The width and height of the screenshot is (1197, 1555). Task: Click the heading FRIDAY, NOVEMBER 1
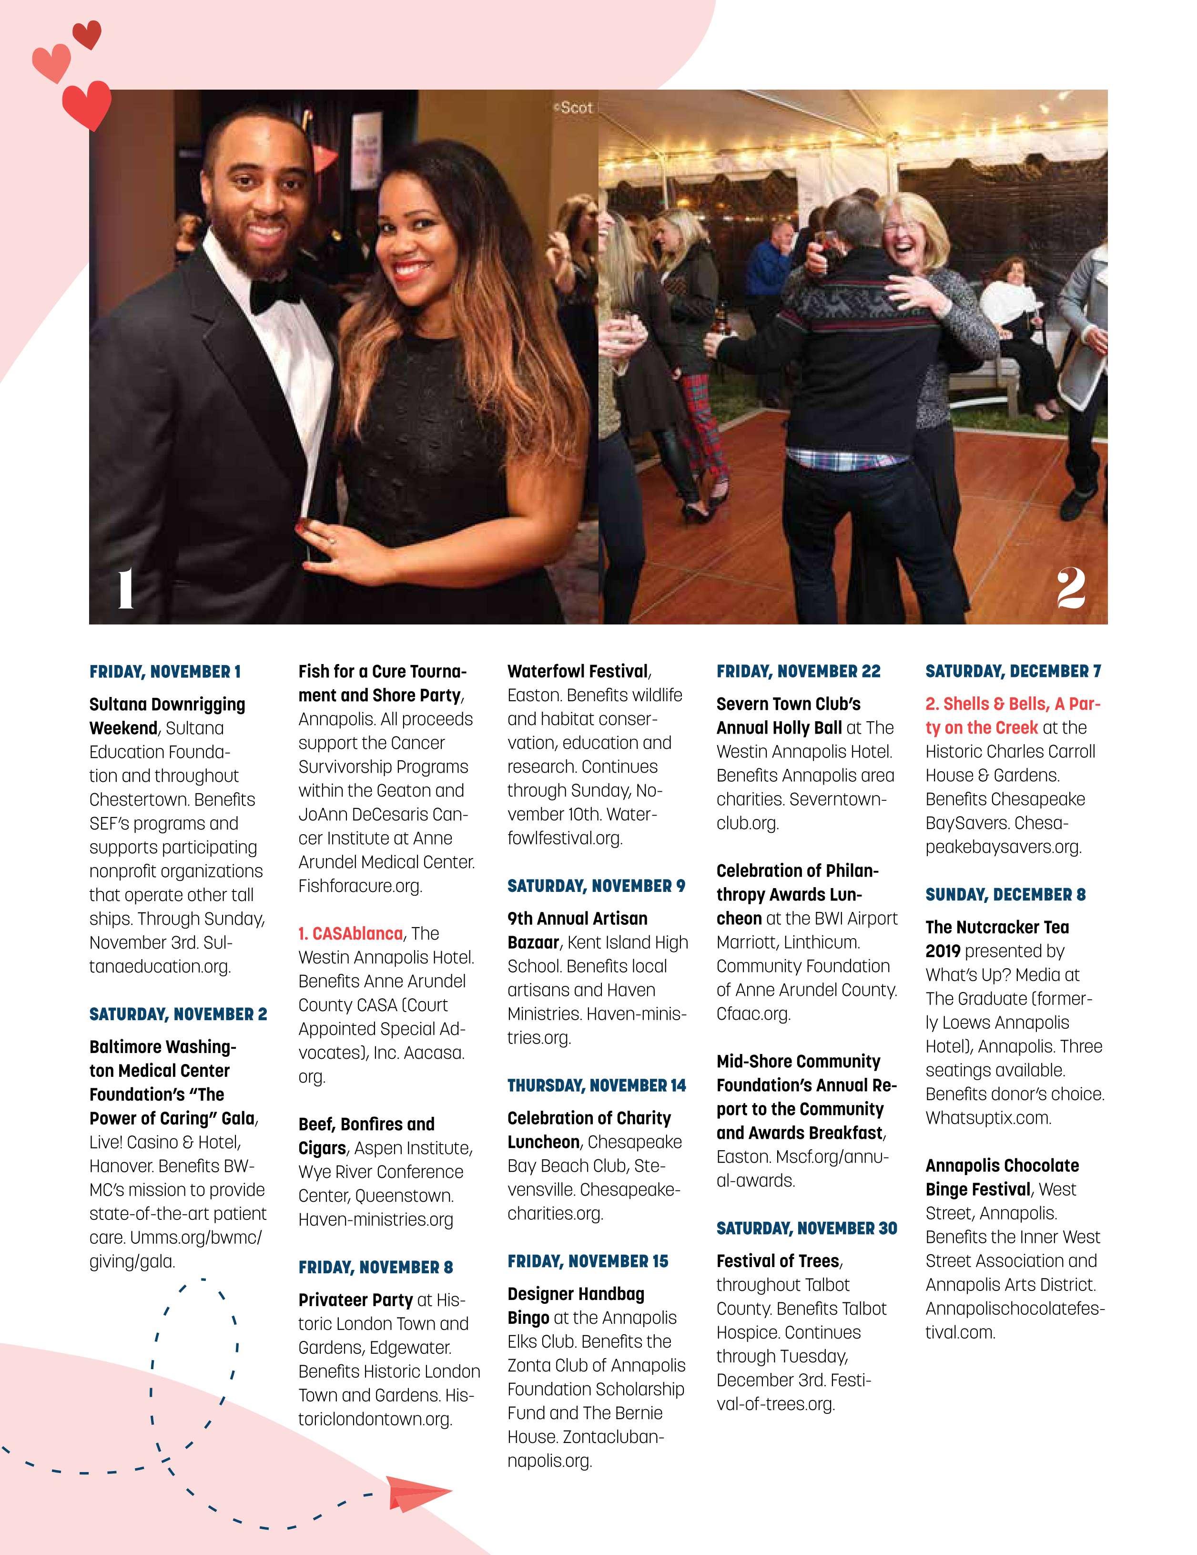pos(165,671)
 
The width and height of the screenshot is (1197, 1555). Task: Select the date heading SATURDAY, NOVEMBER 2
pos(178,1014)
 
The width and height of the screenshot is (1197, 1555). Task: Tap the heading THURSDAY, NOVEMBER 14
pos(597,1085)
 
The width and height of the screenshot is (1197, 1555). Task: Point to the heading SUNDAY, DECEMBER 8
pos(1005,894)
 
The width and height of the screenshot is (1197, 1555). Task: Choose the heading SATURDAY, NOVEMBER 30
pos(806,1228)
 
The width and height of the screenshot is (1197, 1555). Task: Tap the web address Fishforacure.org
pos(360,886)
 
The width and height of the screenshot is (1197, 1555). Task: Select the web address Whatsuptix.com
pos(988,1118)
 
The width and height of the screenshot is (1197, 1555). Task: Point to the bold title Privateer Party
pos(355,1300)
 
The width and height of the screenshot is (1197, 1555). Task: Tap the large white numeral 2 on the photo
pos(1070,589)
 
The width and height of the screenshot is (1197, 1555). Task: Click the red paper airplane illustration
pos(418,1494)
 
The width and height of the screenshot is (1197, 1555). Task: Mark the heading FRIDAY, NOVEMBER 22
pos(798,671)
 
